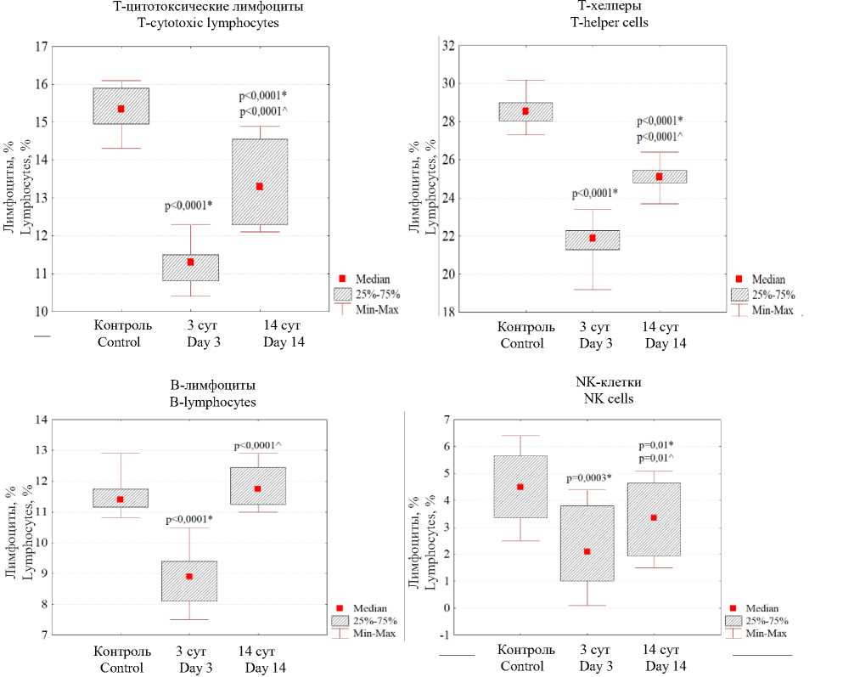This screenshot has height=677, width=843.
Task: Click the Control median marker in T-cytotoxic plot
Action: pyautogui.click(x=121, y=109)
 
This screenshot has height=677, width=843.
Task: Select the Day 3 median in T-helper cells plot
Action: pyautogui.click(x=593, y=238)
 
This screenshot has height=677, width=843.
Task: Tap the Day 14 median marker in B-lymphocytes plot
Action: pyautogui.click(x=257, y=488)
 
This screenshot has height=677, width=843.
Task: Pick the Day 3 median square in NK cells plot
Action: pyautogui.click(x=587, y=551)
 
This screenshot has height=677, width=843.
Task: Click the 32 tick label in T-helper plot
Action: pyautogui.click(x=449, y=46)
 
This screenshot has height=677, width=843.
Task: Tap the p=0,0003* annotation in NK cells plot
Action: pyautogui.click(x=588, y=477)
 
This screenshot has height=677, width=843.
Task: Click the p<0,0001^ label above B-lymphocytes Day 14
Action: pyautogui.click(x=258, y=445)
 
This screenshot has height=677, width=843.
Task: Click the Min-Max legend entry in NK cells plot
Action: pyautogui.click(x=766, y=633)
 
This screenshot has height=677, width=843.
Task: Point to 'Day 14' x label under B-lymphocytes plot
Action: pyautogui.click(x=265, y=668)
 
